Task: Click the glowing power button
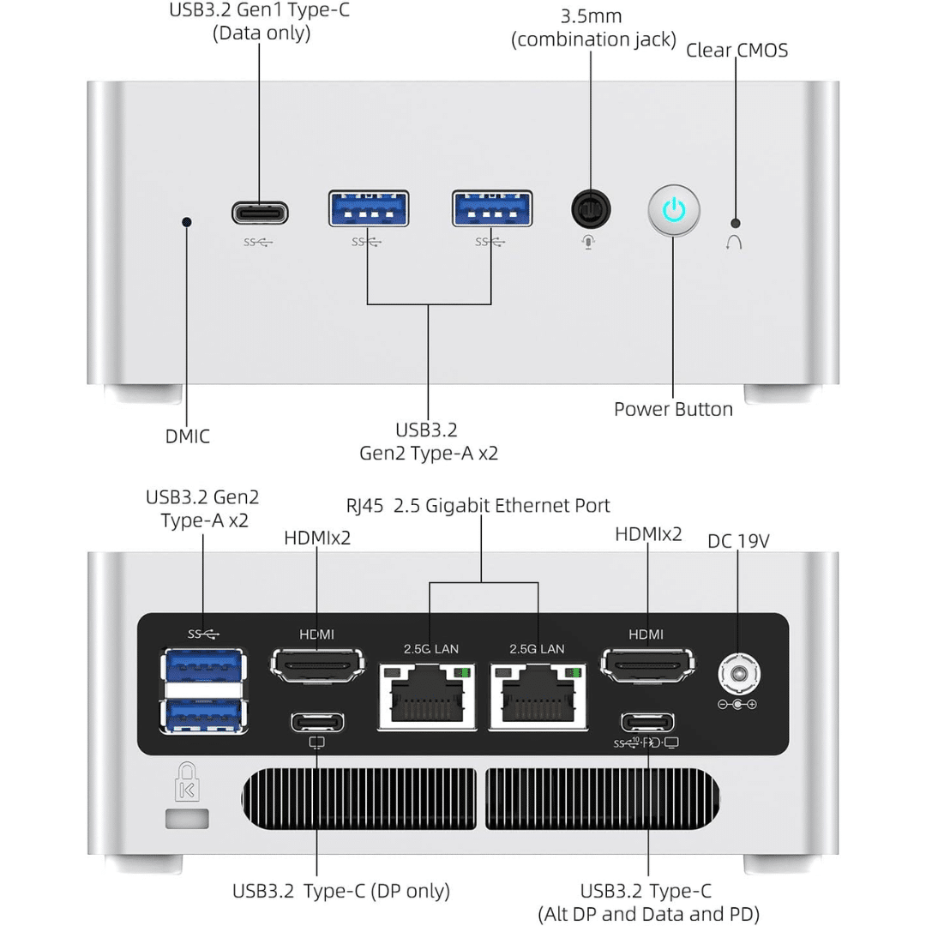[674, 210]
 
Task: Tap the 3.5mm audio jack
[591, 209]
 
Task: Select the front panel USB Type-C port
[260, 213]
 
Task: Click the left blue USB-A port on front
[369, 208]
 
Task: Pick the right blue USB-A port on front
[492, 208]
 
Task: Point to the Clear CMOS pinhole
[736, 223]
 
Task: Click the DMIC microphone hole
[187, 222]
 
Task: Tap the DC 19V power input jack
[739, 674]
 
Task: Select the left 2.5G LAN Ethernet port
[427, 696]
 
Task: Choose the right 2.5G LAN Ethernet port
[538, 696]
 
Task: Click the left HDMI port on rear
[317, 665]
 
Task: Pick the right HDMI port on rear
[647, 665]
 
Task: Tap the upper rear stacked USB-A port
[203, 665]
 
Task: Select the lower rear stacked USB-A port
[203, 715]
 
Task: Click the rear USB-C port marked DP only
[317, 722]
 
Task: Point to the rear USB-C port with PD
[647, 722]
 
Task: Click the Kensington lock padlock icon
[187, 781]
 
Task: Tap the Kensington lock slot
[187, 819]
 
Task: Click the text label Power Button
[673, 409]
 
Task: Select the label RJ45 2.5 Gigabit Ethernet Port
[478, 506]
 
